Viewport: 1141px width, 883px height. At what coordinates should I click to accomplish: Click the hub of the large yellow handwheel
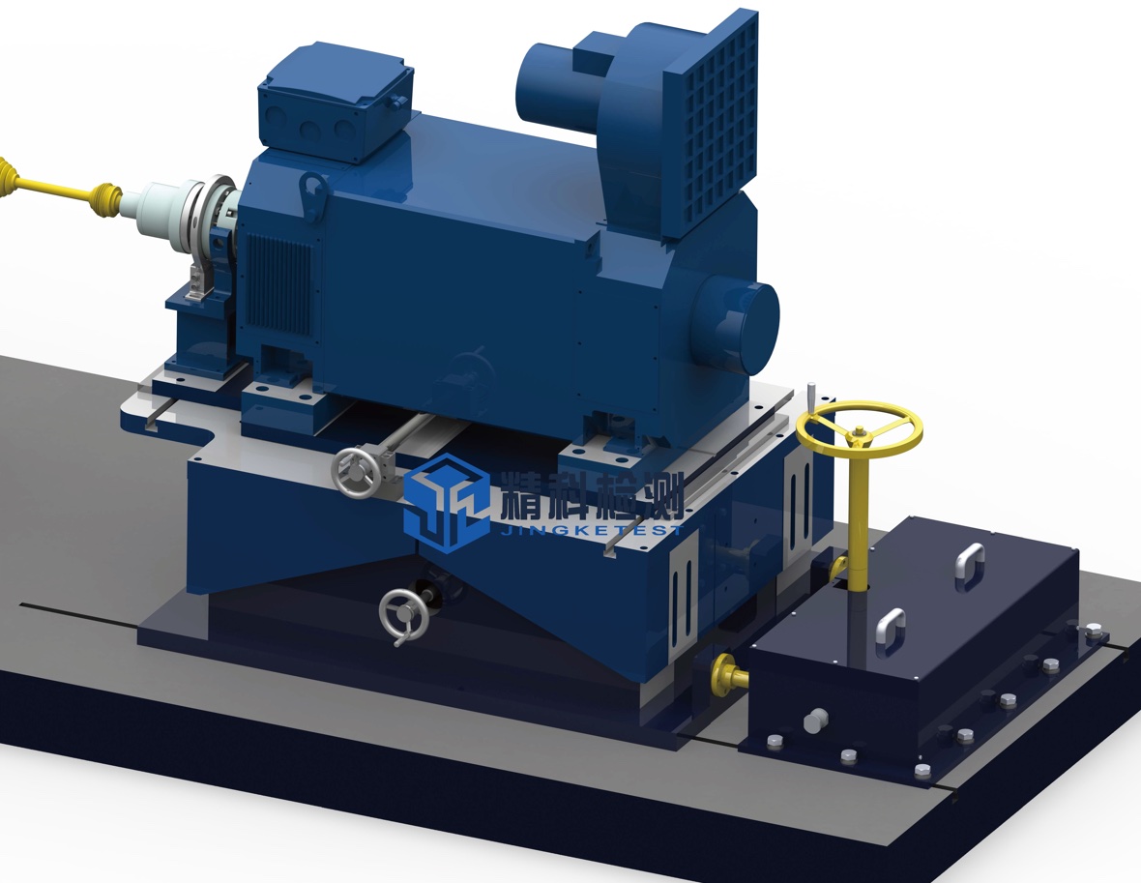pos(859,434)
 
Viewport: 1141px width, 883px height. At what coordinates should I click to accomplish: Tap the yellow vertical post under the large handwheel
pos(861,516)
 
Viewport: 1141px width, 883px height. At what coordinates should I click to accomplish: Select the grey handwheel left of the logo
pos(357,472)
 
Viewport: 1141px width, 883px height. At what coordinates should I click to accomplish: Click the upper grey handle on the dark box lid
pos(970,566)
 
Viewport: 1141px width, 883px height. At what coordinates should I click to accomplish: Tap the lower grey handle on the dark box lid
pos(891,632)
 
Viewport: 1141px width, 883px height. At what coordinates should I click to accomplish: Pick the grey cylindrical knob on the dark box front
pos(816,720)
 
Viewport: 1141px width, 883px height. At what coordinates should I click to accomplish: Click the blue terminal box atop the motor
pos(336,101)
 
